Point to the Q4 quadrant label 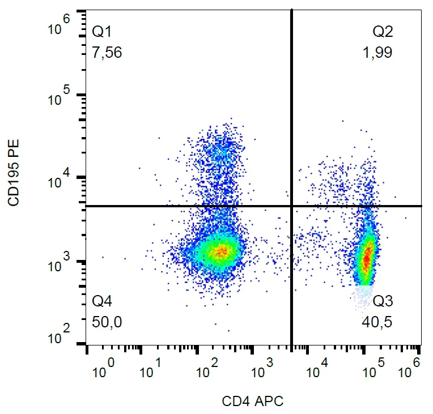point(102,301)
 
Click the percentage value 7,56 point(107,53)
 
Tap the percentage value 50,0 point(107,323)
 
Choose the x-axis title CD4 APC point(253,402)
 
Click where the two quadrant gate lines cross point(292,206)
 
